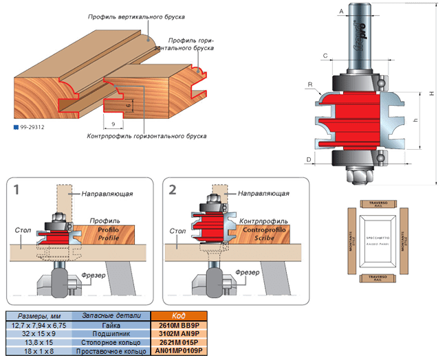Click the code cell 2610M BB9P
[x=179, y=324]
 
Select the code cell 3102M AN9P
[x=179, y=333]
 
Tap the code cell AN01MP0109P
[x=179, y=351]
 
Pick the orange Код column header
[x=179, y=315]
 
